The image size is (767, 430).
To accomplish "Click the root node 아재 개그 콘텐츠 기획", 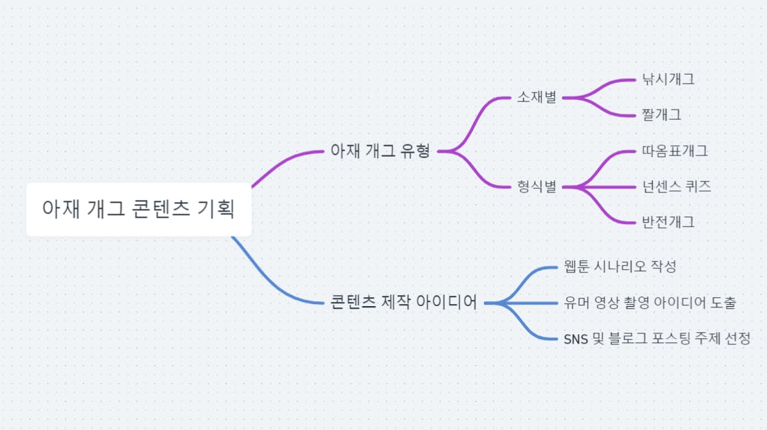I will [139, 209].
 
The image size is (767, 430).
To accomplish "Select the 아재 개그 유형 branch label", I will [380, 151].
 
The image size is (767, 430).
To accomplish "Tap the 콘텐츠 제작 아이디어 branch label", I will [403, 302].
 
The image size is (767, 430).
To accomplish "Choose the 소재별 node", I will [537, 97].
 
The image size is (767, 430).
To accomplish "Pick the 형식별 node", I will [537, 186].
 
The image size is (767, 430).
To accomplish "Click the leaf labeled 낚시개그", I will [668, 79].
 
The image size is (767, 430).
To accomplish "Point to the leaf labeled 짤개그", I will [661, 114].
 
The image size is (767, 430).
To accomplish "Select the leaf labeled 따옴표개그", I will [675, 151].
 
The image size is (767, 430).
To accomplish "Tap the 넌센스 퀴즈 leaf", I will [676, 186].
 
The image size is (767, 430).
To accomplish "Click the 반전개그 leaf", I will [668, 222].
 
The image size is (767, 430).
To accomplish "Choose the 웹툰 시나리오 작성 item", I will [620, 266].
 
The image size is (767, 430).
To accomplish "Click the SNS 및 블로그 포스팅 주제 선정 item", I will [657, 338].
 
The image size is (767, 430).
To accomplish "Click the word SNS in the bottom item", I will [577, 338].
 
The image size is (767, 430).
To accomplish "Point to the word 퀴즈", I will [697, 186].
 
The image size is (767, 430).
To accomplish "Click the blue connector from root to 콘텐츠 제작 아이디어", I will [273, 284].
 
